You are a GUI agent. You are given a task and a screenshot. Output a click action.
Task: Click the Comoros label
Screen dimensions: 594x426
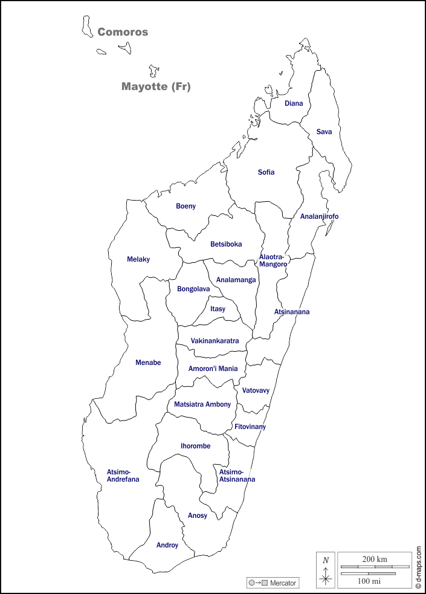(x=123, y=32)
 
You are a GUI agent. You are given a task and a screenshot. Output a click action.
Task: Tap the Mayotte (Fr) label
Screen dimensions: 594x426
(x=156, y=86)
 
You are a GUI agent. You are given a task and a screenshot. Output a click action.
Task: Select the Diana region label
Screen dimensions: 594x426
(x=294, y=103)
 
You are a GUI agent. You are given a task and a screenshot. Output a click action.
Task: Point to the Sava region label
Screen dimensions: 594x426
(x=324, y=132)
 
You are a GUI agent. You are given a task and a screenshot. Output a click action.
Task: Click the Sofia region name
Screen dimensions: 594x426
(x=266, y=172)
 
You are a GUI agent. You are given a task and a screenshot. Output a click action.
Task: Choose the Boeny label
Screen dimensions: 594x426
(x=186, y=206)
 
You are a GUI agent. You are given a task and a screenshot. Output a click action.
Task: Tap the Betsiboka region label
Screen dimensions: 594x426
(x=226, y=244)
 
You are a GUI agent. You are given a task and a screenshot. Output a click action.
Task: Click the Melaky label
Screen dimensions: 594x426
(x=138, y=259)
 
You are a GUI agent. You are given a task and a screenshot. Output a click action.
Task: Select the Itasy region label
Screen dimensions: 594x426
(x=218, y=309)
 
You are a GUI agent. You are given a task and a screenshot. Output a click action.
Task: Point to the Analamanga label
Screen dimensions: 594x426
(x=236, y=280)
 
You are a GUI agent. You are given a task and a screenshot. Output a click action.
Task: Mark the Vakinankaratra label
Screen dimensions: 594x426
(x=215, y=341)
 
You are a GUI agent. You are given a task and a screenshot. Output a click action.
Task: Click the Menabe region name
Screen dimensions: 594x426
(x=148, y=363)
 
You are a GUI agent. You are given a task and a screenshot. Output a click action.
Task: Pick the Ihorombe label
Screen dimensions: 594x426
(x=195, y=446)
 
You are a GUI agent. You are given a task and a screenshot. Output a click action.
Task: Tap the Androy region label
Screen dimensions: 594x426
(x=167, y=545)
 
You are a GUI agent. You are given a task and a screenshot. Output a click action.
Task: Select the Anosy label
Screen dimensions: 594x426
(x=197, y=515)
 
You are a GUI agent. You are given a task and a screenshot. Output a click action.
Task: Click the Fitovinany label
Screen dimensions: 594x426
(x=250, y=427)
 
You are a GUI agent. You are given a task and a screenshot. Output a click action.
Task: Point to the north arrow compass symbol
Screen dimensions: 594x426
(x=326, y=570)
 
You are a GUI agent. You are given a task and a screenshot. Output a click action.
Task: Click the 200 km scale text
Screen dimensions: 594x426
(x=375, y=559)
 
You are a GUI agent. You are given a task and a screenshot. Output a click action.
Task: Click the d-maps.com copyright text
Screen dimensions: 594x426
(x=418, y=567)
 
